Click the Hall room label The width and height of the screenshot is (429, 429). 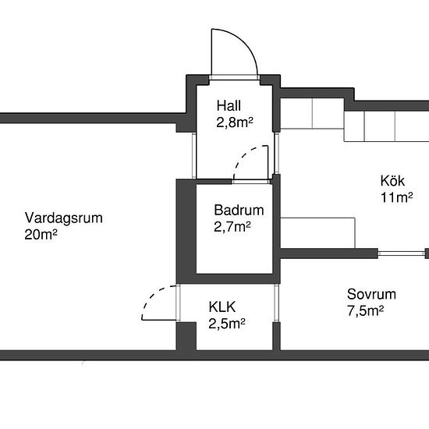[229, 105]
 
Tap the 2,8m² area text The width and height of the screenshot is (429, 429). [235, 122]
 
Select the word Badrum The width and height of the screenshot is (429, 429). [239, 210]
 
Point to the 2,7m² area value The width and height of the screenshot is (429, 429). [232, 226]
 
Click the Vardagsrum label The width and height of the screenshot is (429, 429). [64, 218]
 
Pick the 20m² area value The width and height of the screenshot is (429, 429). [41, 235]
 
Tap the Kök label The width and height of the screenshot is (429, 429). [392, 181]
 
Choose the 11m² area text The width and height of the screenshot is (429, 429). [397, 197]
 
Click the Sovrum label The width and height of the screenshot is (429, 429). [371, 294]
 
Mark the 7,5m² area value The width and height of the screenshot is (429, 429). [365, 310]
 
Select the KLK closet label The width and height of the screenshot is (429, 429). [222, 307]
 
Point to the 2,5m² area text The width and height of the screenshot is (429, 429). [227, 324]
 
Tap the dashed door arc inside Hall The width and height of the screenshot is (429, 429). [242, 155]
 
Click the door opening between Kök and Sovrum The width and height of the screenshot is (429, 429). [402, 253]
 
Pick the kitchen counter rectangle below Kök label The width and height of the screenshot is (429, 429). [317, 233]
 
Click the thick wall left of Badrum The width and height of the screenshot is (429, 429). [186, 231]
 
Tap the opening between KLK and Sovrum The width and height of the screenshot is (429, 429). [276, 303]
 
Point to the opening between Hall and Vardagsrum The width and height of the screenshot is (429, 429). [194, 156]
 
